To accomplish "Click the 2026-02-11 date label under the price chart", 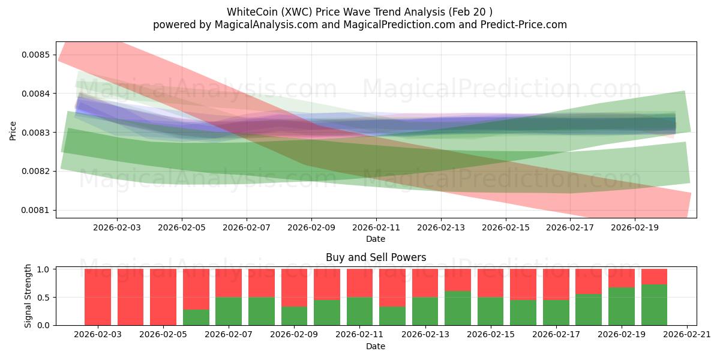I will pyautogui.click(x=376, y=228).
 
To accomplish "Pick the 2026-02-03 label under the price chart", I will pyautogui.click(x=117, y=228).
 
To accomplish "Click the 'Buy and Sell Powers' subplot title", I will pyautogui.click(x=376, y=257).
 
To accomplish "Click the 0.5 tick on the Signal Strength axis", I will pyautogui.click(x=44, y=297).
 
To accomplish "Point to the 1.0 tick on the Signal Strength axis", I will pyautogui.click(x=44, y=269).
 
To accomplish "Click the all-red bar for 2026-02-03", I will pyautogui.click(x=98, y=297).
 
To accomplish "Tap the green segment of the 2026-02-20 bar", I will pyautogui.click(x=654, y=305).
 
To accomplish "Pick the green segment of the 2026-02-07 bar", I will pyautogui.click(x=229, y=311).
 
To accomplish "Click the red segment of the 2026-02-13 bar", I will pyautogui.click(x=425, y=283).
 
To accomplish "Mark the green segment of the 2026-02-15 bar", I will pyautogui.click(x=490, y=311).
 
